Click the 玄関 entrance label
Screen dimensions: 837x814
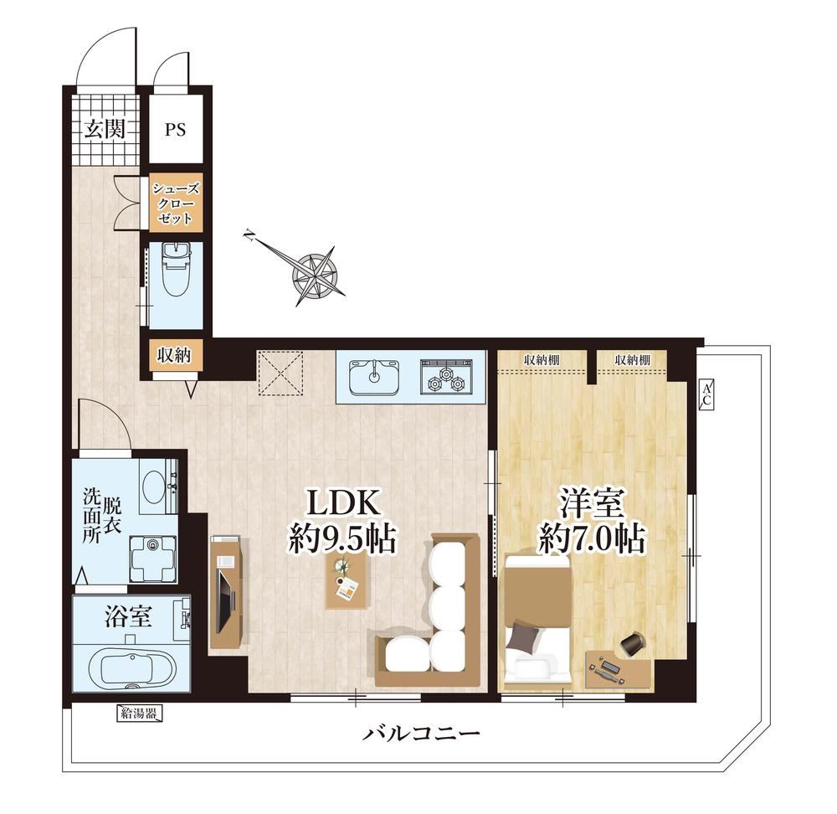pos(105,129)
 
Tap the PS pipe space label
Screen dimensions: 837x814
pos(175,129)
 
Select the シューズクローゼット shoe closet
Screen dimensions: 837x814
pos(176,203)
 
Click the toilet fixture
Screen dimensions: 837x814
pos(176,269)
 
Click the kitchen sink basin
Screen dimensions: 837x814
pos(374,377)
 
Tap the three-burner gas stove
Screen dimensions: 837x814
pos(447,377)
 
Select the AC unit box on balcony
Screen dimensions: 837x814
pos(706,395)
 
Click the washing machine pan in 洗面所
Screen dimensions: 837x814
pos(153,558)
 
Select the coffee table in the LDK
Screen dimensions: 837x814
pos(347,579)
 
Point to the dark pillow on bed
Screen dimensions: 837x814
pos(523,636)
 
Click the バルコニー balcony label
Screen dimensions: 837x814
pos(421,733)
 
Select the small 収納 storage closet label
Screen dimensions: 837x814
pos(173,355)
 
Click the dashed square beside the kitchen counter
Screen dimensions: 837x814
pos(280,373)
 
